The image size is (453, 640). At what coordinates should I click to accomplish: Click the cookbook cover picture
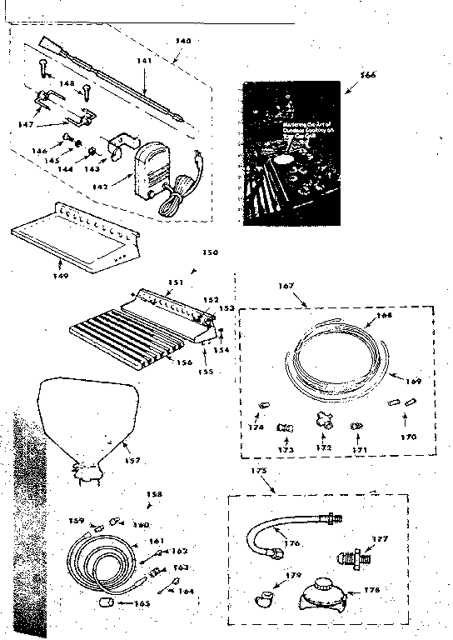tap(291, 153)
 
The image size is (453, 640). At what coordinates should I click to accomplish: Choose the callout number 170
tap(408, 436)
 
